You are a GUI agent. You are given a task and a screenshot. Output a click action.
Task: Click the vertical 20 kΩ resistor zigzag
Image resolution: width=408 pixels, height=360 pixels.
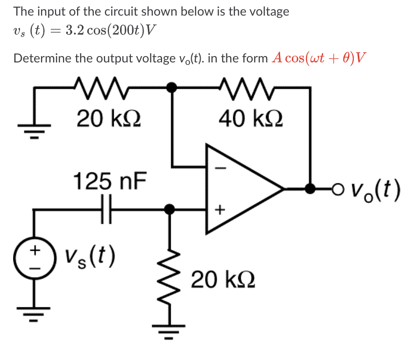(169, 280)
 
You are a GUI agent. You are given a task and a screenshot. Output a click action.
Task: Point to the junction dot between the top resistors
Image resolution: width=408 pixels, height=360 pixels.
(170, 88)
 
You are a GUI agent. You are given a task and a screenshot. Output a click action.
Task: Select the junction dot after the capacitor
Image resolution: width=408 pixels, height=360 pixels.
(169, 209)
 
